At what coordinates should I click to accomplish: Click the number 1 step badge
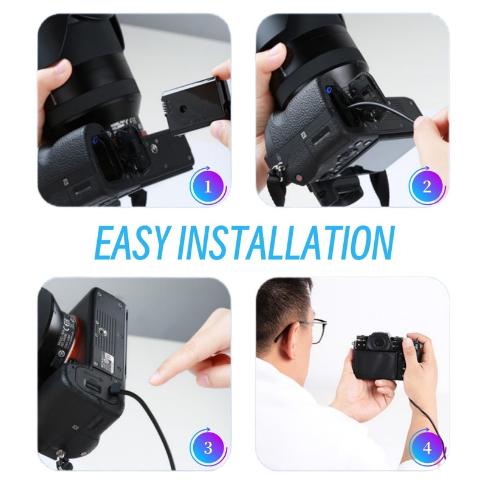(x=208, y=187)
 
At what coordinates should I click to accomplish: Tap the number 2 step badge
(x=427, y=187)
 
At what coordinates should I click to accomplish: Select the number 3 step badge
(x=208, y=448)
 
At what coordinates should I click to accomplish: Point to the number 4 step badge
(x=427, y=448)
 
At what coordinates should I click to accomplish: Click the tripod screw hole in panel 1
(x=154, y=149)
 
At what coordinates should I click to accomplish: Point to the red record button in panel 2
(x=299, y=178)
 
